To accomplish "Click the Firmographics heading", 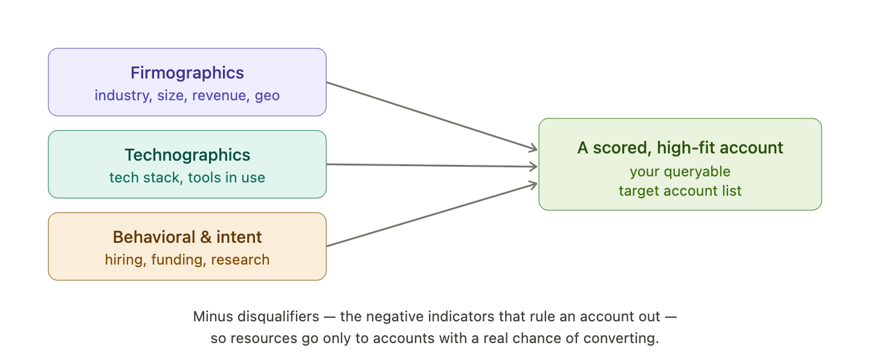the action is [x=187, y=73].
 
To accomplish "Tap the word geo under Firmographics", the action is [x=267, y=96].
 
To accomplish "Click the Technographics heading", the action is [x=187, y=155].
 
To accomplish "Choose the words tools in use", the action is [x=227, y=178].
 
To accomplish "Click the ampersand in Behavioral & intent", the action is [x=206, y=237].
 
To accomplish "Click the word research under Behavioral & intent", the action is [x=240, y=260].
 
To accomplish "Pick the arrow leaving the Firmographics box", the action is [x=432, y=116].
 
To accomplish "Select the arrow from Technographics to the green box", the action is [x=432, y=166].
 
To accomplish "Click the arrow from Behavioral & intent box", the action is [x=432, y=215].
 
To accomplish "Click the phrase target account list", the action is [x=680, y=191].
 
